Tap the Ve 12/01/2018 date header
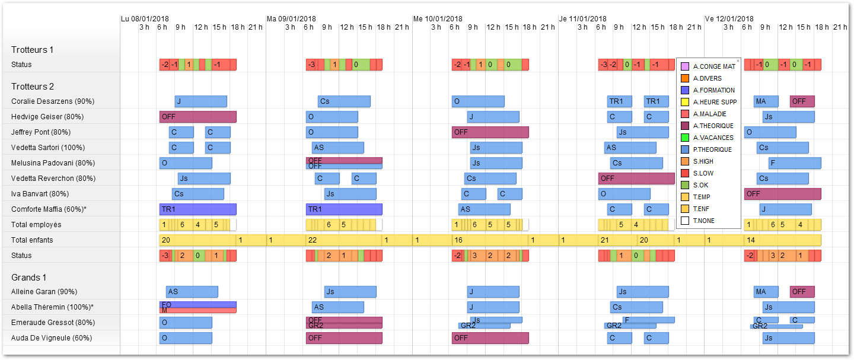click(729, 19)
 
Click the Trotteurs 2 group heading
click(33, 87)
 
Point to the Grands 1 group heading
click(29, 278)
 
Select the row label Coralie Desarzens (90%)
click(53, 101)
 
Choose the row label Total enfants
click(32, 240)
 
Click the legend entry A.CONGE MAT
click(713, 66)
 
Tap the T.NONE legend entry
click(703, 221)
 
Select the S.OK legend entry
click(700, 185)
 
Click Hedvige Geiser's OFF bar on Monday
click(197, 117)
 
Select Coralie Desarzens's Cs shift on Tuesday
click(344, 101)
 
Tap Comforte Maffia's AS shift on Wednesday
click(484, 209)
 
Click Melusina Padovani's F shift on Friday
click(795, 163)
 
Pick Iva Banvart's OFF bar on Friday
click(782, 194)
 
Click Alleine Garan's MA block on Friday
click(766, 292)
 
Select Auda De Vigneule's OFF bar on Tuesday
click(344, 338)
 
